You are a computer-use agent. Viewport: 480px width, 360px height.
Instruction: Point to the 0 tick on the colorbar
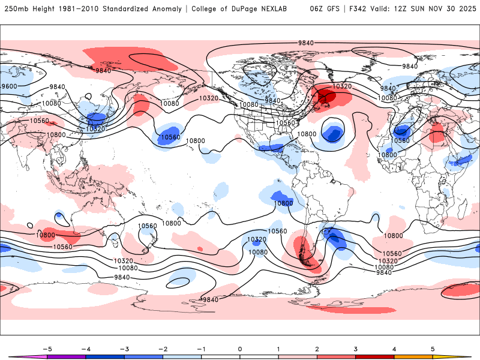point(240,349)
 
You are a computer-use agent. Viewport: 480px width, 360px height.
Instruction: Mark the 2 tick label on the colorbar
point(317,349)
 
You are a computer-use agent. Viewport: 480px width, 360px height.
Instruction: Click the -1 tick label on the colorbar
point(201,349)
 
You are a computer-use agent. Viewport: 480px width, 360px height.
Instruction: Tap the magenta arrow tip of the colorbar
point(13,356)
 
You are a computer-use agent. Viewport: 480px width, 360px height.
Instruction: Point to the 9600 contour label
point(9,86)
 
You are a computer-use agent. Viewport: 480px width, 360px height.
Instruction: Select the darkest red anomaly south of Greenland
point(327,96)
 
